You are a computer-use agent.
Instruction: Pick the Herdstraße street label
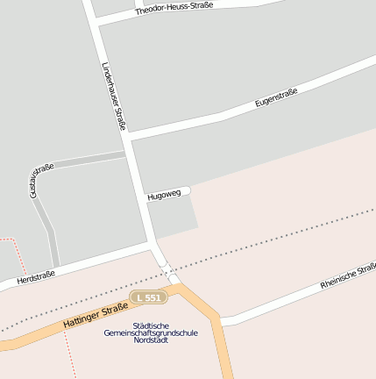click(x=35, y=277)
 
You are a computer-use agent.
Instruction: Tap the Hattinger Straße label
click(x=96, y=316)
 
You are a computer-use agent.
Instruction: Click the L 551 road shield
click(x=147, y=298)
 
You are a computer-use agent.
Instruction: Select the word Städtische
click(x=152, y=325)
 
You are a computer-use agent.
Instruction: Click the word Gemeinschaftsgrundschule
click(x=151, y=333)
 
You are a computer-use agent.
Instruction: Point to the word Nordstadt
click(x=151, y=341)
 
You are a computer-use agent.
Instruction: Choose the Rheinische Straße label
click(x=348, y=275)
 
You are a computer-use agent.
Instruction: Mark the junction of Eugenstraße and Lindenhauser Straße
click(x=128, y=138)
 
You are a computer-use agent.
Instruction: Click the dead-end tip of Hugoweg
click(x=188, y=189)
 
